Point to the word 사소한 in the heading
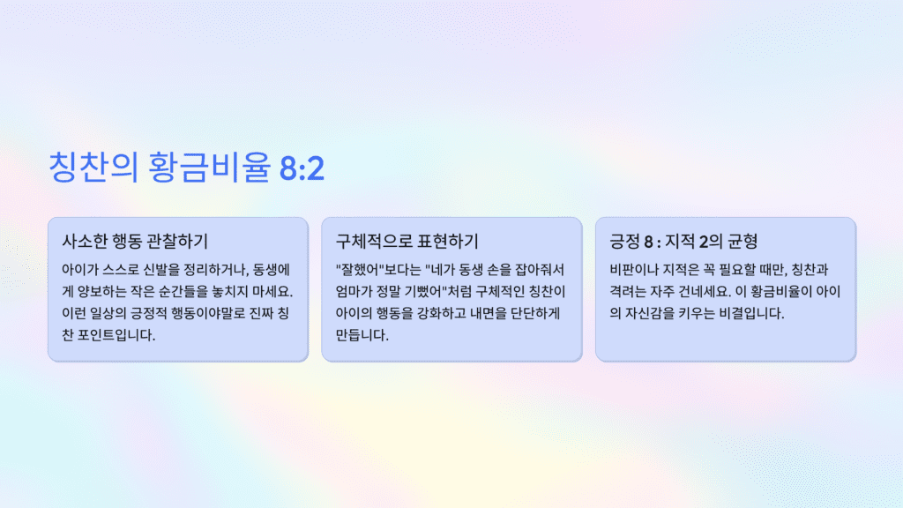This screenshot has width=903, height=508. (85, 241)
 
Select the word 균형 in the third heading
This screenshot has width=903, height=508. (742, 241)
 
